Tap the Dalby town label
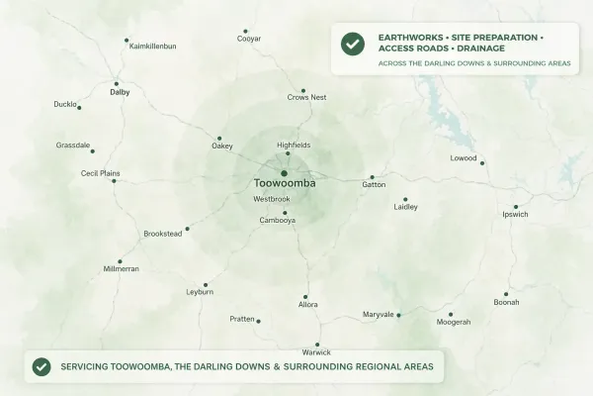click(x=120, y=92)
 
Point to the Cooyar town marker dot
click(x=246, y=32)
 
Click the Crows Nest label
click(x=306, y=98)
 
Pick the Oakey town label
click(x=222, y=148)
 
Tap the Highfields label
click(x=287, y=145)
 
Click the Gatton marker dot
click(x=372, y=177)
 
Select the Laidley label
click(x=405, y=208)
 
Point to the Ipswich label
click(x=515, y=214)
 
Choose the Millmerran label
click(x=122, y=269)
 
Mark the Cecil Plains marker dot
click(x=114, y=180)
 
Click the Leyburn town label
click(x=200, y=293)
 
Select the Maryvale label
click(x=378, y=315)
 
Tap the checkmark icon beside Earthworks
click(x=351, y=45)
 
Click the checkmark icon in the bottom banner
click(x=42, y=366)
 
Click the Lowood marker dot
click(x=482, y=162)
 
